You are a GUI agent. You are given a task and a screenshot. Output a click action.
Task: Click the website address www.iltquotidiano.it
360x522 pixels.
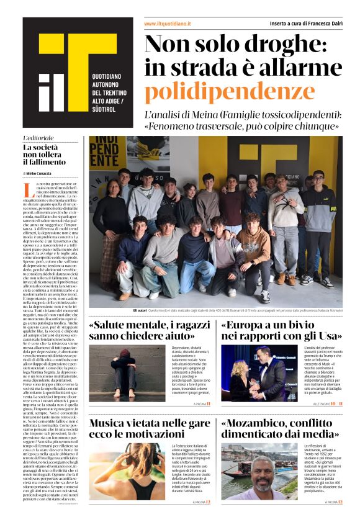tap(167, 24)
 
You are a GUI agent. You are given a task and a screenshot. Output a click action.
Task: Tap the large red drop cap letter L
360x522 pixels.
tap(28, 189)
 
